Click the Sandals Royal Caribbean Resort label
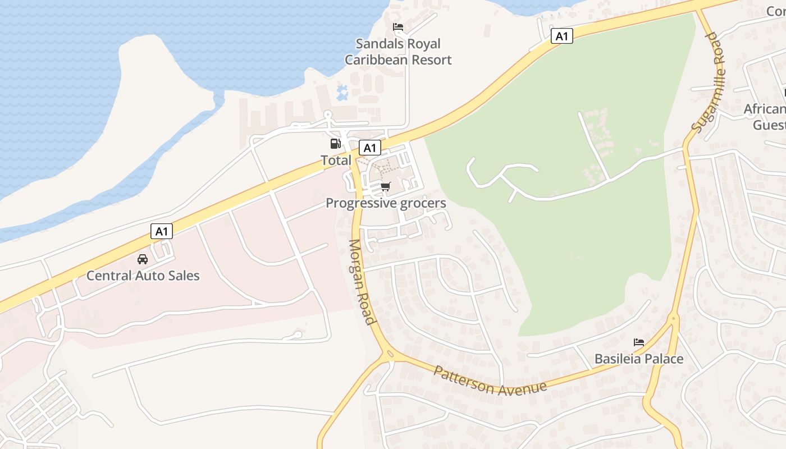click(398, 52)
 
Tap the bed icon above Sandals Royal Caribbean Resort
click(398, 27)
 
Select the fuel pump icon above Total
click(336, 144)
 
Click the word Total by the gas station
click(336, 161)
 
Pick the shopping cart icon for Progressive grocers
click(385, 186)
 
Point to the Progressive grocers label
click(386, 203)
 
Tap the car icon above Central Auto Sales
click(143, 259)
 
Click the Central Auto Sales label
click(143, 276)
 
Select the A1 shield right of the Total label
click(369, 148)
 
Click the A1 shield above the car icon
click(162, 231)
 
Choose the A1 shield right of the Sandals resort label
click(561, 36)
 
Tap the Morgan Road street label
click(361, 282)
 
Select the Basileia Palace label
click(639, 359)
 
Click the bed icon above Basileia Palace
click(639, 342)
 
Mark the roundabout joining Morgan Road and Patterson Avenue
click(389, 355)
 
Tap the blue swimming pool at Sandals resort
click(342, 93)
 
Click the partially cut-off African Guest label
click(765, 116)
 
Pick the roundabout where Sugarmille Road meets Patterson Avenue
click(674, 319)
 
